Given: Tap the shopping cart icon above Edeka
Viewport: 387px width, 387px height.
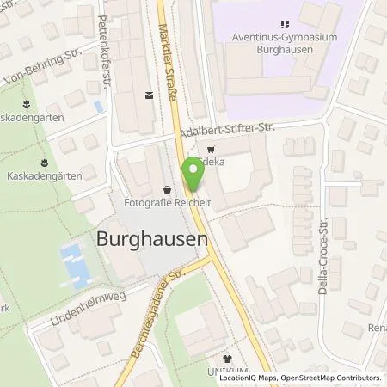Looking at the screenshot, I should pos(212,147).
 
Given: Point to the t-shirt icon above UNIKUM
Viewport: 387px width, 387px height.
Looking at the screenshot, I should pos(227,358).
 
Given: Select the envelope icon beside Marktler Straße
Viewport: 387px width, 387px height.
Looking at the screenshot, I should pos(150,97).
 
